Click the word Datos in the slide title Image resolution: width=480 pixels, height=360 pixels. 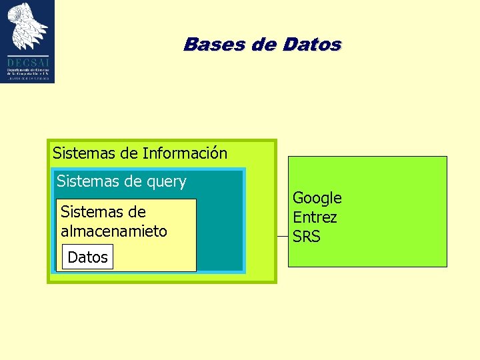(311, 45)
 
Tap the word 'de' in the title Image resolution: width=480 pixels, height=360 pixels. (258, 45)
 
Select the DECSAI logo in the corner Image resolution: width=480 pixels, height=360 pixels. (27, 41)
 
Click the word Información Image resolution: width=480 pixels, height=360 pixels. (185, 153)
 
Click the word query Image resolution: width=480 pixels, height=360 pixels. (166, 181)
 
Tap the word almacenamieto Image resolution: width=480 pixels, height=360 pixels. (114, 231)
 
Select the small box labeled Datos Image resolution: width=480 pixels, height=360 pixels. (87, 257)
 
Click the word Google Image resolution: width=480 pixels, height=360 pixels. (317, 198)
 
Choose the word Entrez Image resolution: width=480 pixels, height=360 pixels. (315, 217)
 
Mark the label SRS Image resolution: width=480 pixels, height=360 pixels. (307, 237)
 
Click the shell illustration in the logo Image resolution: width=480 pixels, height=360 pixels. (28, 27)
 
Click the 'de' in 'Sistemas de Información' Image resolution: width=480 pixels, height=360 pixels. (129, 153)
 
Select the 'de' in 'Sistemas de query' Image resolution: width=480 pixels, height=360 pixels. (133, 181)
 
